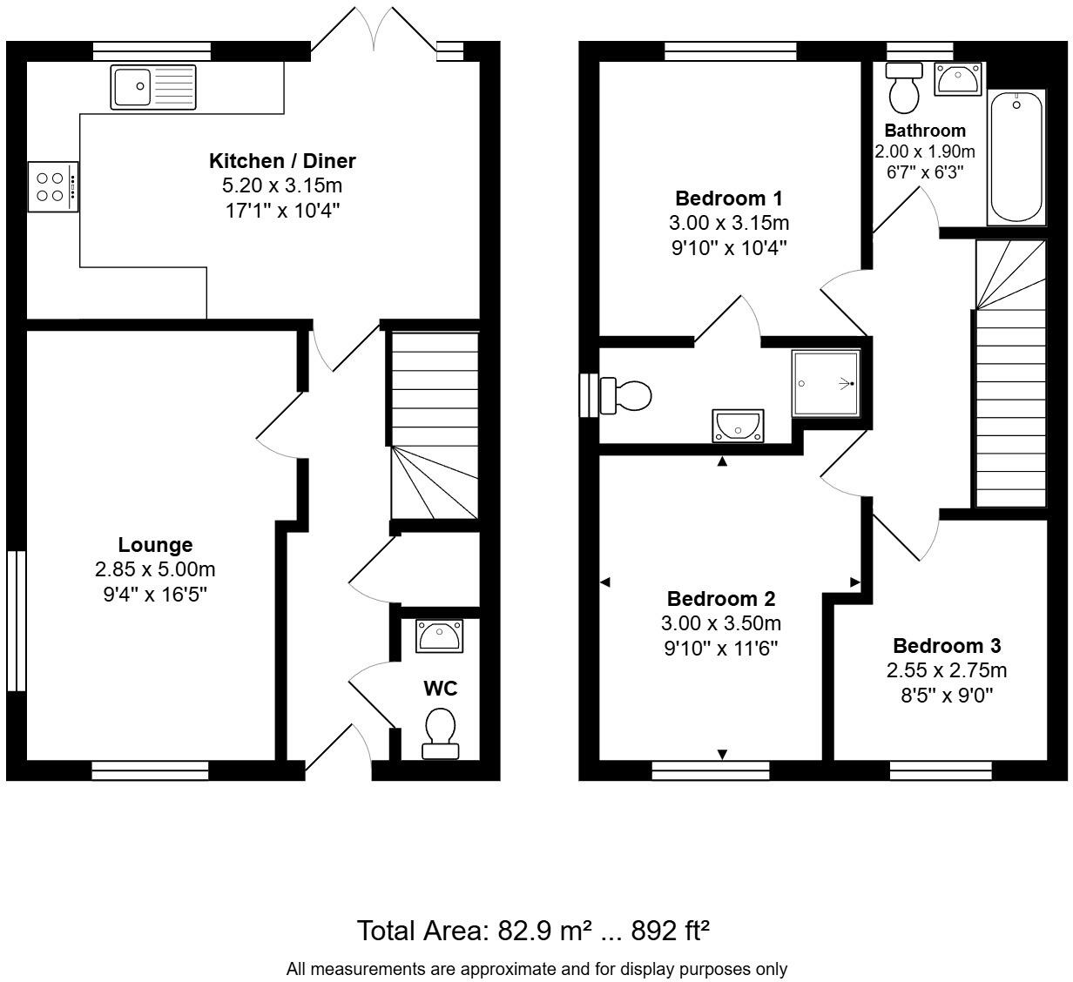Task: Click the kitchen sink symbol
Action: (x=153, y=87)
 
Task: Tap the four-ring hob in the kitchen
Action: (x=53, y=186)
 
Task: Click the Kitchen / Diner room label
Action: (x=282, y=161)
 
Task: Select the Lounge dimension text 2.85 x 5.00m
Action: (x=155, y=569)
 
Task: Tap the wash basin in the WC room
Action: (x=440, y=636)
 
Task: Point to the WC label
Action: (x=440, y=689)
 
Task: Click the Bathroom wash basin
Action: (x=957, y=79)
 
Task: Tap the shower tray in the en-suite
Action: (x=825, y=382)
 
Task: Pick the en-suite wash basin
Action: (x=738, y=426)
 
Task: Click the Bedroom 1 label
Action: (x=728, y=198)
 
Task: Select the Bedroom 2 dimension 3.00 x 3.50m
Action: (x=720, y=623)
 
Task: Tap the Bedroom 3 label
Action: (x=946, y=646)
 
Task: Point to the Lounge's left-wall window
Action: (x=15, y=620)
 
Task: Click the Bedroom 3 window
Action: (x=941, y=770)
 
